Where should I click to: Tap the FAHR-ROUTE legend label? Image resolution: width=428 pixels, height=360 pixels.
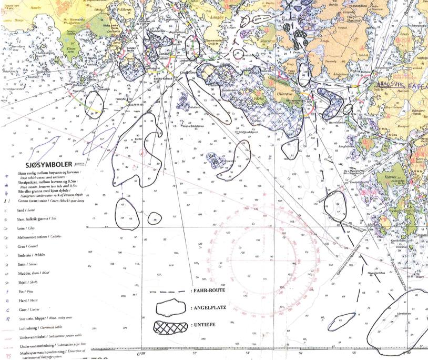tap(208, 290)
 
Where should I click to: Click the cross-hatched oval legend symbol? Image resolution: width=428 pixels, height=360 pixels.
tap(170, 327)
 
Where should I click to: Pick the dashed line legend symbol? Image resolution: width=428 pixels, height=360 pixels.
tap(168, 290)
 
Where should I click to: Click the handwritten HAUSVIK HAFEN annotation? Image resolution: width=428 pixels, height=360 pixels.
tap(402, 83)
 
